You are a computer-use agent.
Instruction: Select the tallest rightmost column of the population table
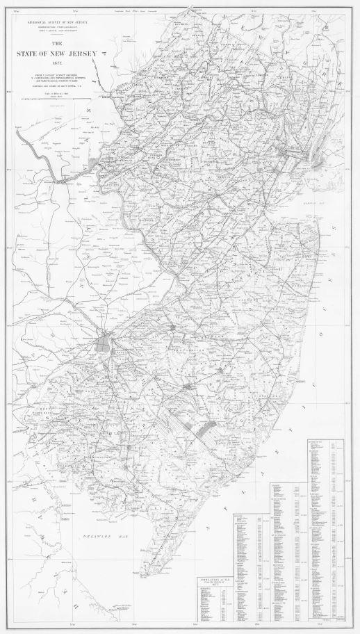(x=333, y=528)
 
